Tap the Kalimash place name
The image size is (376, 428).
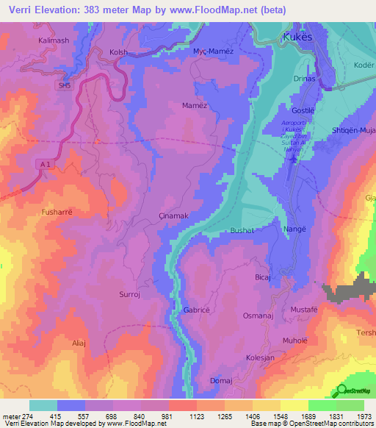pyautogui.click(x=54, y=40)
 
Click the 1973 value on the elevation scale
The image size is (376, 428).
pyautogui.click(x=365, y=417)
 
